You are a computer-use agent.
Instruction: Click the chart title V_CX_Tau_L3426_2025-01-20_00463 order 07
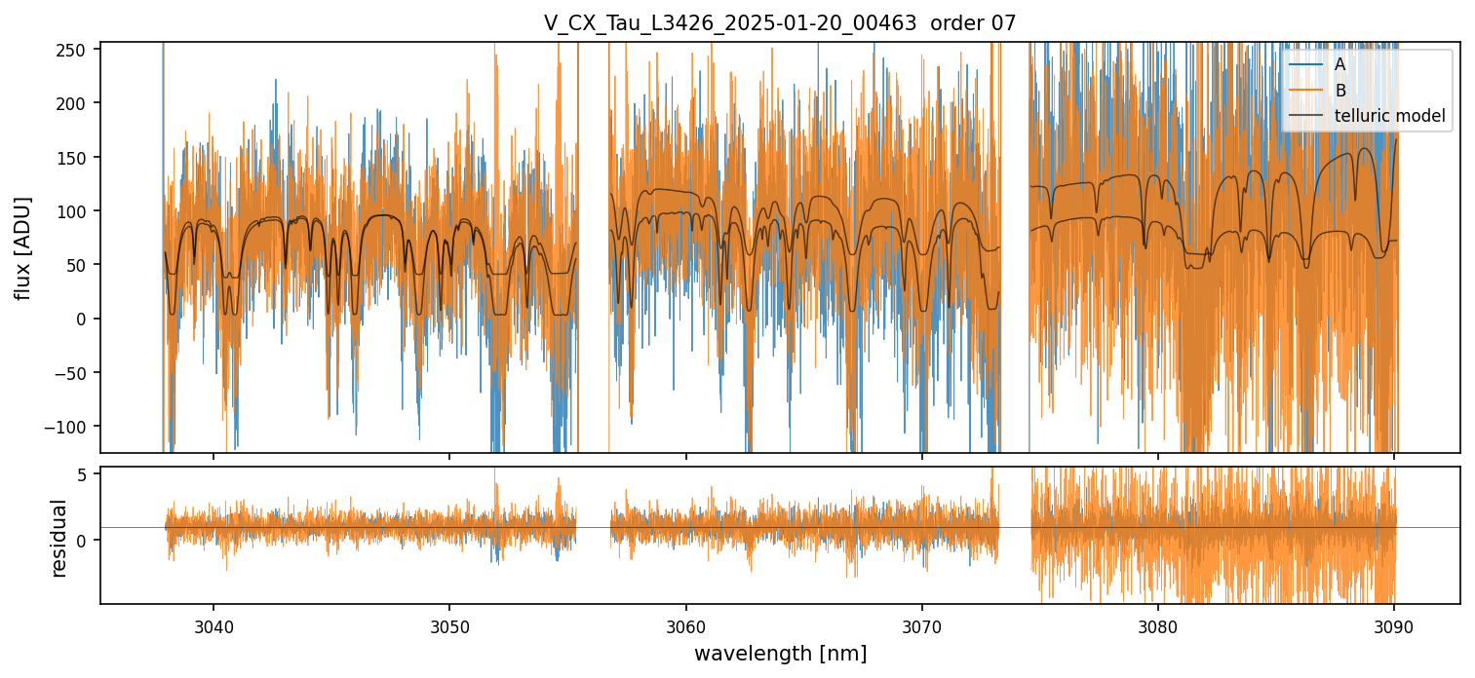click(780, 23)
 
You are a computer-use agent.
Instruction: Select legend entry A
click(1339, 64)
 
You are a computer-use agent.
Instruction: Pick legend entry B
click(1339, 91)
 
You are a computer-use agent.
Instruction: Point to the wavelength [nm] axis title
click(780, 654)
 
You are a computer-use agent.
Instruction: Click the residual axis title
click(59, 537)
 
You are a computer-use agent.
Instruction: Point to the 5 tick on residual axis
click(83, 474)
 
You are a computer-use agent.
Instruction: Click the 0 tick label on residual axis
click(83, 541)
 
